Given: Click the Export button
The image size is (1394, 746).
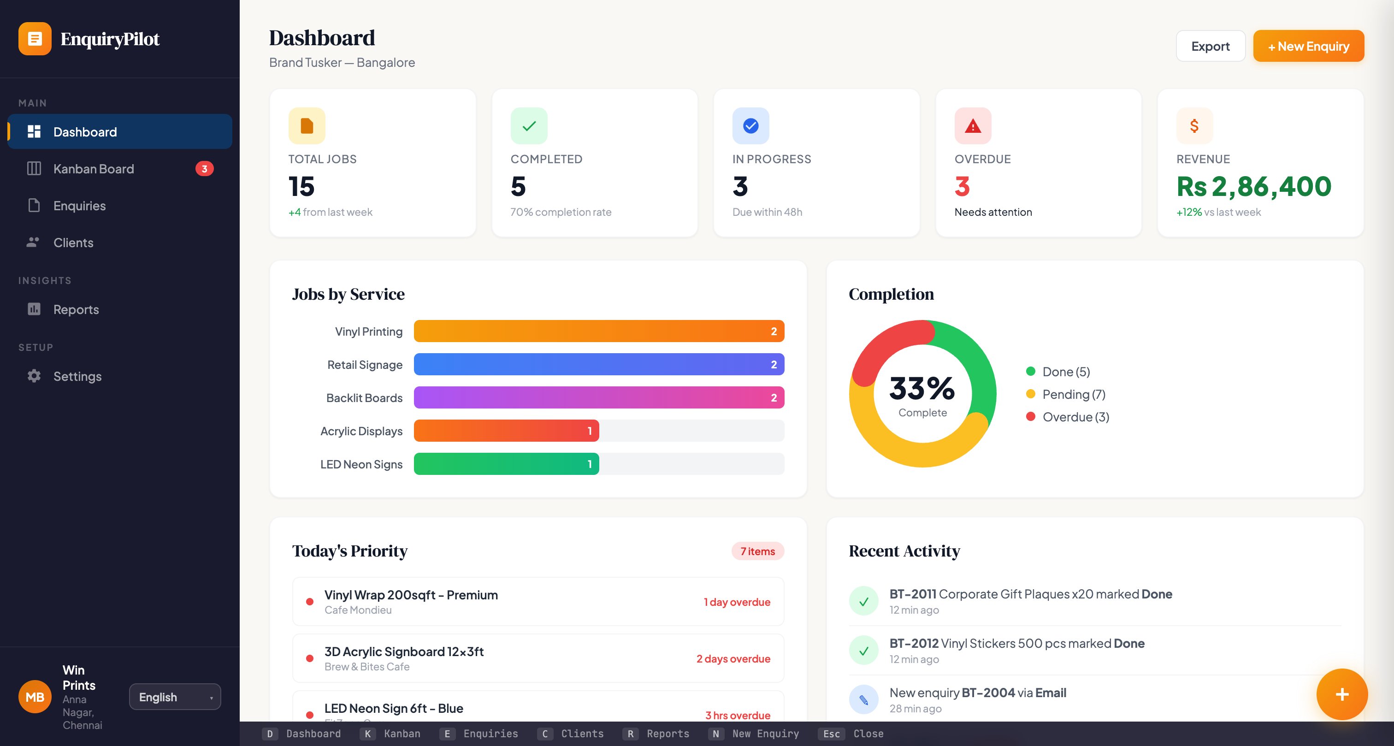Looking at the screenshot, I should (x=1210, y=46).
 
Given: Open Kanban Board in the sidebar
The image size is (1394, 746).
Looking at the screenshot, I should (x=93, y=169).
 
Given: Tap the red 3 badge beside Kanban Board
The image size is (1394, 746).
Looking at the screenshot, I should (x=204, y=169).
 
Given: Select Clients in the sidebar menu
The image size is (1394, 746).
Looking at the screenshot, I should (x=73, y=243).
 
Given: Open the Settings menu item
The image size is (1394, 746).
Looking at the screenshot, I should (x=77, y=376).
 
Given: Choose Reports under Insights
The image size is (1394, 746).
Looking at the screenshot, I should (x=76, y=310).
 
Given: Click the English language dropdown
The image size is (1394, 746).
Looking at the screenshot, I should (x=174, y=697).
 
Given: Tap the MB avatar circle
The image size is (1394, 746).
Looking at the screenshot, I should (x=35, y=697).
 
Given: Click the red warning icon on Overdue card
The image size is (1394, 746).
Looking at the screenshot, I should (x=973, y=126).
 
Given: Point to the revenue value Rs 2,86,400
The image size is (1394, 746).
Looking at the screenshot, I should (x=1253, y=187).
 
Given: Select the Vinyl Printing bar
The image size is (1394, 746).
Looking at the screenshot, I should (x=598, y=332).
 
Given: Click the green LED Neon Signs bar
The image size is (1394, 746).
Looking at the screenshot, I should (x=506, y=464).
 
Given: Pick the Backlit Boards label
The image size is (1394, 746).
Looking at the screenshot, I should (x=364, y=398).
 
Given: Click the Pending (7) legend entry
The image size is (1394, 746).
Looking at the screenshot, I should (x=1073, y=394).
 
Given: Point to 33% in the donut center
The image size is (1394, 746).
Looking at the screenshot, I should (x=921, y=389).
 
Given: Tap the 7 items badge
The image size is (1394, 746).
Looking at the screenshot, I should (x=757, y=551).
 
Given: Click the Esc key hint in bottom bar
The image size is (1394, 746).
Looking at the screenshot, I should (x=831, y=734).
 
